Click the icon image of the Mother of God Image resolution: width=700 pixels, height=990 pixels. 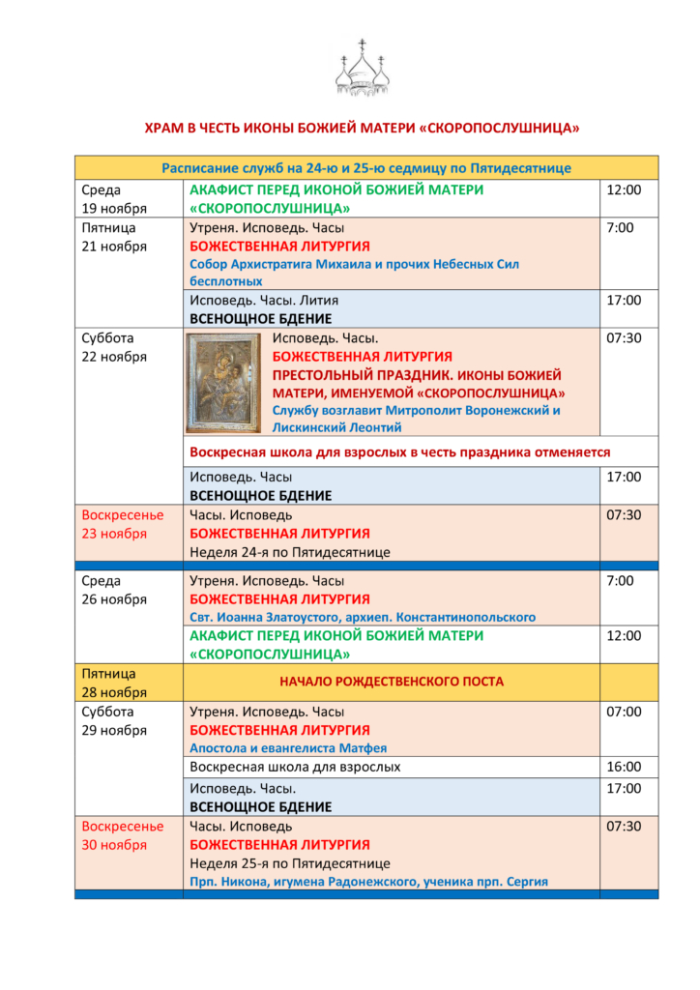223,382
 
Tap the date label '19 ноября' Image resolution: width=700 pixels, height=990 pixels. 114,209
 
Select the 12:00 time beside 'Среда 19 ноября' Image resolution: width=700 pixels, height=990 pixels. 623,190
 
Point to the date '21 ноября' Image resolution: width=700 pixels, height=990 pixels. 114,246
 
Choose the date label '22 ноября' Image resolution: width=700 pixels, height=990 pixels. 114,357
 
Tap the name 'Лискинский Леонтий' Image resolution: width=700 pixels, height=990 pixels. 336,426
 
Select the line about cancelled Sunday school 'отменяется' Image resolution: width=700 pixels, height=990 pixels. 399,451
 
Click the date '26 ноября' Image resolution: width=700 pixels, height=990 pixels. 114,598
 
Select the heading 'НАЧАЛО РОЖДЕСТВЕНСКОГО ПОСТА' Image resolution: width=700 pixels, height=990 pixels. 392,682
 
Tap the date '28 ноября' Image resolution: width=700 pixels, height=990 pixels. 114,692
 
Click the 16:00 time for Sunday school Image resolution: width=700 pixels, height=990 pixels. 623,767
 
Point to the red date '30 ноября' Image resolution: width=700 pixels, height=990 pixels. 114,845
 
